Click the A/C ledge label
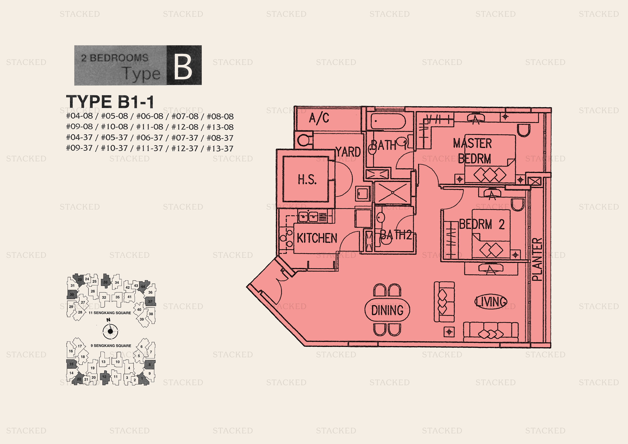click(x=319, y=118)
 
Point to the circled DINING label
click(x=387, y=310)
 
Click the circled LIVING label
click(x=491, y=302)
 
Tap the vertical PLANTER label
click(x=537, y=259)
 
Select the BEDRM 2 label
click(x=481, y=224)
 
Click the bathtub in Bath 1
click(x=388, y=121)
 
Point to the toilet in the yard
click(x=304, y=141)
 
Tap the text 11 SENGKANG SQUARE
click(x=110, y=313)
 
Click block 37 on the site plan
click(x=150, y=301)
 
